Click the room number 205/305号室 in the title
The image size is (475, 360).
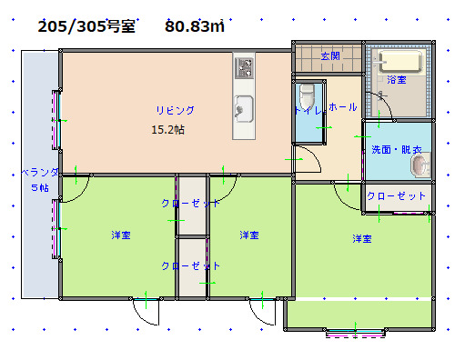click(x=87, y=26)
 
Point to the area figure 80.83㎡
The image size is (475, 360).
click(x=195, y=26)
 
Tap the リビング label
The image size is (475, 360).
click(x=175, y=110)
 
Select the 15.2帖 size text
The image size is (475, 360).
click(x=167, y=130)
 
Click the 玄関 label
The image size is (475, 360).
click(x=329, y=56)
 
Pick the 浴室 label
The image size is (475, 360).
click(x=397, y=80)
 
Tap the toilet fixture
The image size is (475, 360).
click(x=307, y=95)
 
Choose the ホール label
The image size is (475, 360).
click(x=343, y=107)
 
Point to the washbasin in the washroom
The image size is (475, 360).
click(x=419, y=166)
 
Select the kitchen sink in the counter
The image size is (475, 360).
click(x=244, y=107)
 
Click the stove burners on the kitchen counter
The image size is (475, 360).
click(x=244, y=66)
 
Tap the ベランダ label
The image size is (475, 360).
click(x=40, y=172)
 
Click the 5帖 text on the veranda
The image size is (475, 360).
click(x=40, y=187)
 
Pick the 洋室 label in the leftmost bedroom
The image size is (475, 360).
click(x=120, y=235)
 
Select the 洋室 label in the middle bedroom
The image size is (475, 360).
click(x=248, y=235)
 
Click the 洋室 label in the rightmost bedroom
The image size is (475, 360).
click(x=362, y=239)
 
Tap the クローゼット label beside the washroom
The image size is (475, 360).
click(x=397, y=196)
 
